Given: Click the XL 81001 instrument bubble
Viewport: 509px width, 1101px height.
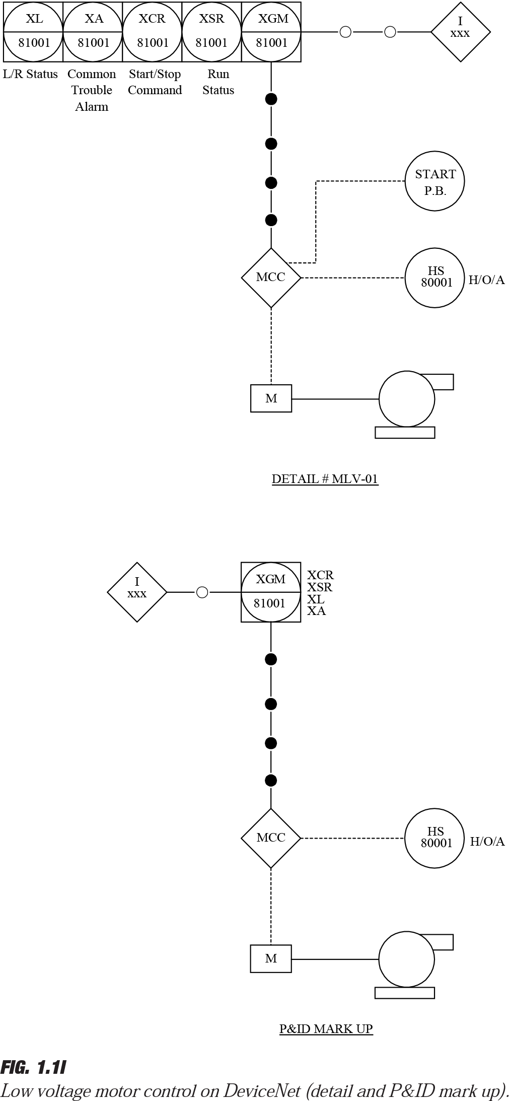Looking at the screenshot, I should pos(34,32).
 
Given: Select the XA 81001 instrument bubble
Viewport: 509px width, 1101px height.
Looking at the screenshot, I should pos(93,32).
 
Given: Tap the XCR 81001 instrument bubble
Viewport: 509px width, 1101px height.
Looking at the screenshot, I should pos(153,32).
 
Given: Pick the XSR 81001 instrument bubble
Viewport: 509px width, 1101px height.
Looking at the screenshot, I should pos(212,32).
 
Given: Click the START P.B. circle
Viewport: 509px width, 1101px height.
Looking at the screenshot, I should pos(434,181).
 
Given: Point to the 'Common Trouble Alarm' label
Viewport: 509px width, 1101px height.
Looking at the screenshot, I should pos(92,90).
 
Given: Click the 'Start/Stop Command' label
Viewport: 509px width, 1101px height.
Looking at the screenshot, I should pos(155,82).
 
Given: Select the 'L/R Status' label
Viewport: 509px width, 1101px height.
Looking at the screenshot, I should pos(30,74).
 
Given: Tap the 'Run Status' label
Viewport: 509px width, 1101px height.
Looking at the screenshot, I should pos(218,82).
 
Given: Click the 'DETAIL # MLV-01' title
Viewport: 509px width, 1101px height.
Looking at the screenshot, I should pos(325,478).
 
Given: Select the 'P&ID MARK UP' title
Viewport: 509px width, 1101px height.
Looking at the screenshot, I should pos(326,1028).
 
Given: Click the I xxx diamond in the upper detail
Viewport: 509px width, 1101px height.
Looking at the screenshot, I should pos(460,32).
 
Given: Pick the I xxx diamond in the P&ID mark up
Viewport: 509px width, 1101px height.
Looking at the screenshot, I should pos(137,592).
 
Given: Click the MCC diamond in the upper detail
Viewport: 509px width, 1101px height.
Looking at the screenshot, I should pos(271,278).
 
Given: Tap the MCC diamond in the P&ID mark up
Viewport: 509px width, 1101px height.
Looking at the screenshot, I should pos(271,838).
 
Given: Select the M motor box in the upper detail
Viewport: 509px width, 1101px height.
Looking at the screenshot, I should pos(271,398).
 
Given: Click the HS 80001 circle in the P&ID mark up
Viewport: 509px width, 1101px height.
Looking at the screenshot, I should pos(434,838).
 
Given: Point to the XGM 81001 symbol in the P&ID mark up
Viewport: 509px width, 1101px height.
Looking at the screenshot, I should pos(271,592).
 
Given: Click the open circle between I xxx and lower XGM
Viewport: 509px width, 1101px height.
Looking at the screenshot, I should pos(202,592).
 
